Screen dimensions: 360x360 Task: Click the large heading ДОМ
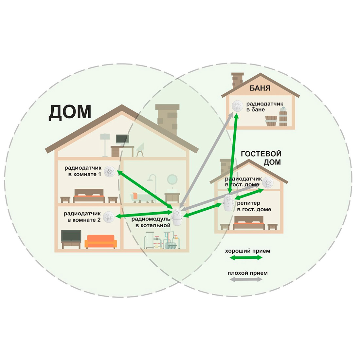tap(70, 112)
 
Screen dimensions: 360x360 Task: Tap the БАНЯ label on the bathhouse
tap(260, 88)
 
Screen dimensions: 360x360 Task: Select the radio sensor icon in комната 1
tap(110, 171)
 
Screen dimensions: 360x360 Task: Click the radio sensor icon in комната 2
tap(109, 217)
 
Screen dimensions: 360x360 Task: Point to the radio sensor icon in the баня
tap(237, 106)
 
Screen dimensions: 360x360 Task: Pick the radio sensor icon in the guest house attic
tap(268, 183)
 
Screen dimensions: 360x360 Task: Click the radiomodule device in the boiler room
tap(177, 217)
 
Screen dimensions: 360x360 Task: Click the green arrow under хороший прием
tap(246, 258)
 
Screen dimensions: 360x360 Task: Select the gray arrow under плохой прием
tap(246, 280)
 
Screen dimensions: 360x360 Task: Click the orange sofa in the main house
tap(100, 241)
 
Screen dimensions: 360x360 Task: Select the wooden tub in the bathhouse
tap(271, 121)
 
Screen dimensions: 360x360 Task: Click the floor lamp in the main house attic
tap(105, 145)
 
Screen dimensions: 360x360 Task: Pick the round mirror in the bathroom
tap(172, 180)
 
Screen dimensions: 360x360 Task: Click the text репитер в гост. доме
tap(254, 206)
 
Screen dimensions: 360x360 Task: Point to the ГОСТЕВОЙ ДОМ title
tap(261, 158)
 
